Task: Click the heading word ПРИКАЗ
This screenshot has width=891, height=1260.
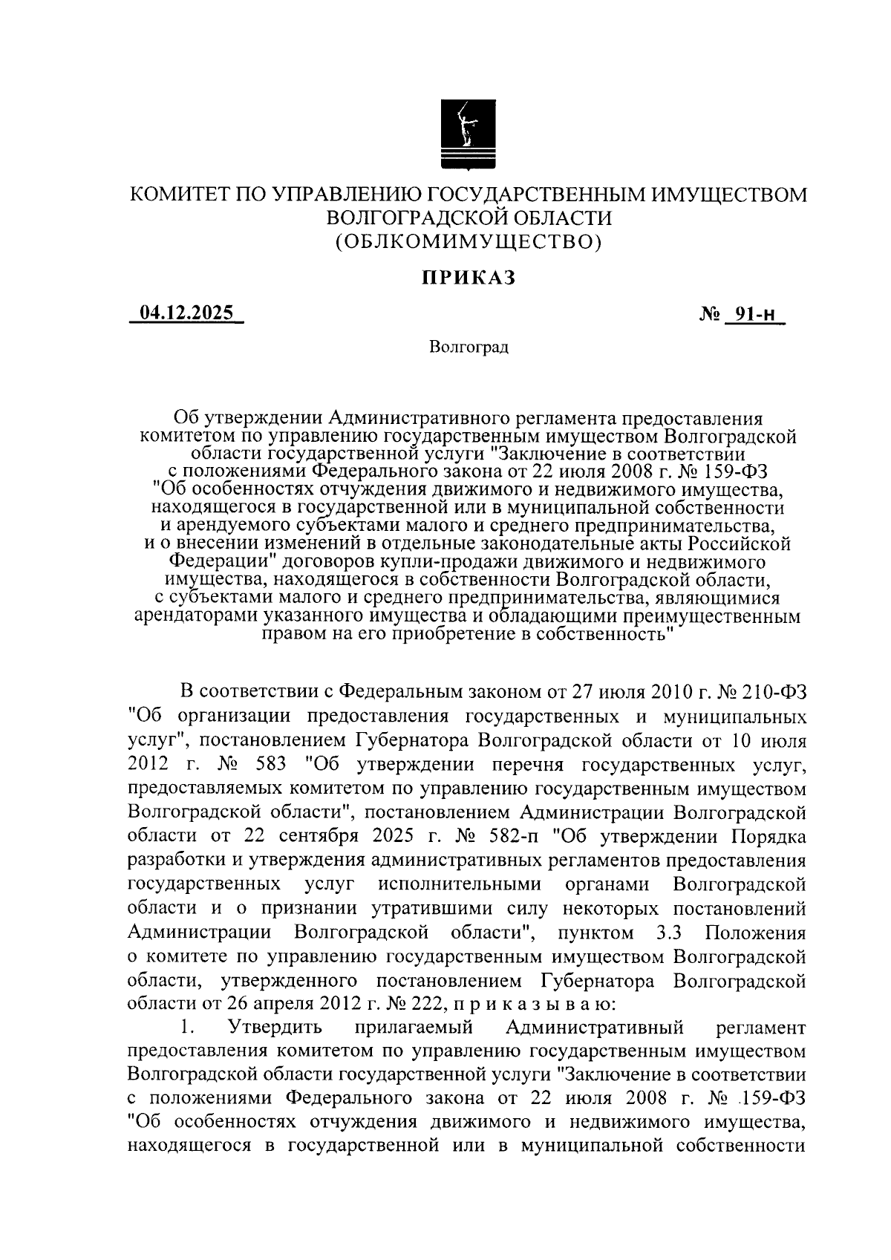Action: click(x=469, y=278)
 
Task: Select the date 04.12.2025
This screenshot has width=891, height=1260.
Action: click(x=186, y=313)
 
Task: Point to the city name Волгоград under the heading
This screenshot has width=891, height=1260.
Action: click(x=469, y=347)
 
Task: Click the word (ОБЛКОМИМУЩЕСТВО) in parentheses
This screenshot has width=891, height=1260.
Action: click(x=469, y=241)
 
